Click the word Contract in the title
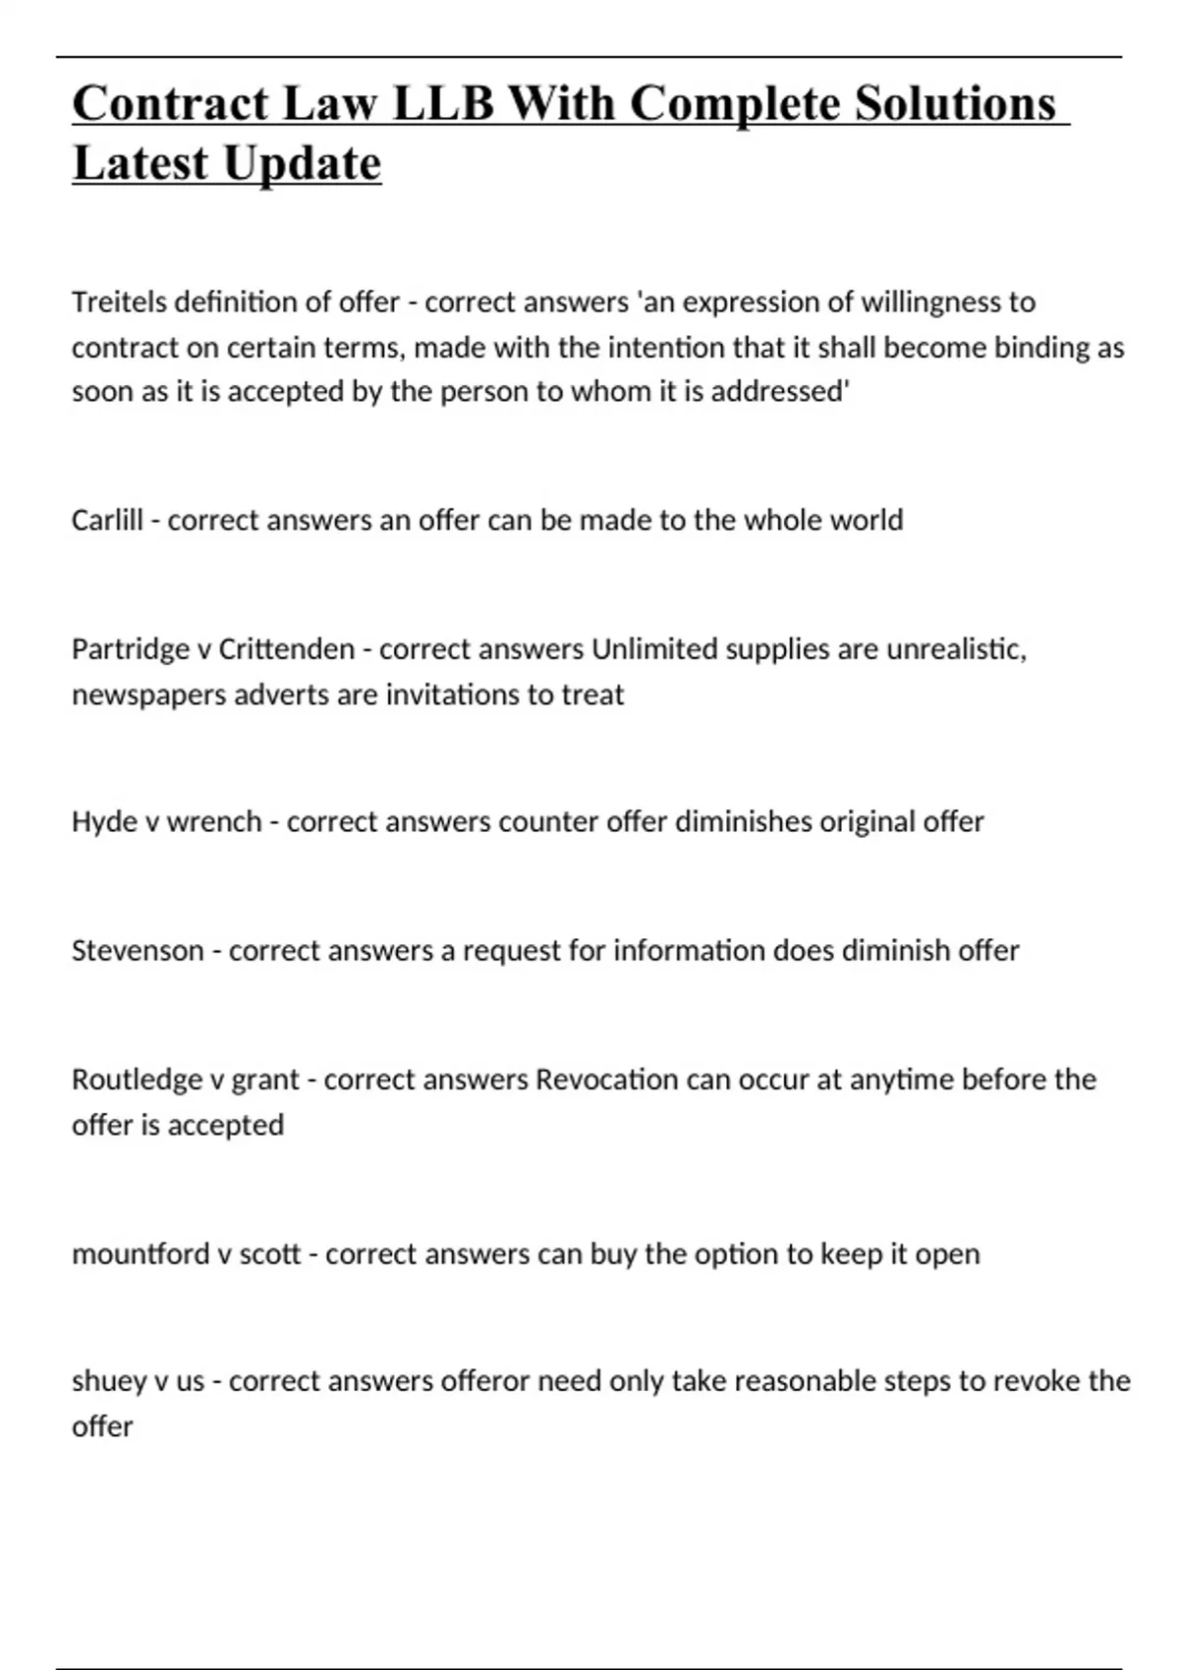pos(170,103)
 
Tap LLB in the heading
pos(443,103)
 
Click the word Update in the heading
pos(302,163)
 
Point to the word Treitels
pos(119,302)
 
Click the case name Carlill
pos(107,520)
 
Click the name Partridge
pos(130,649)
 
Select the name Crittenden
pos(286,649)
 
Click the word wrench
pos(213,821)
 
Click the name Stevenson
pos(137,951)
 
